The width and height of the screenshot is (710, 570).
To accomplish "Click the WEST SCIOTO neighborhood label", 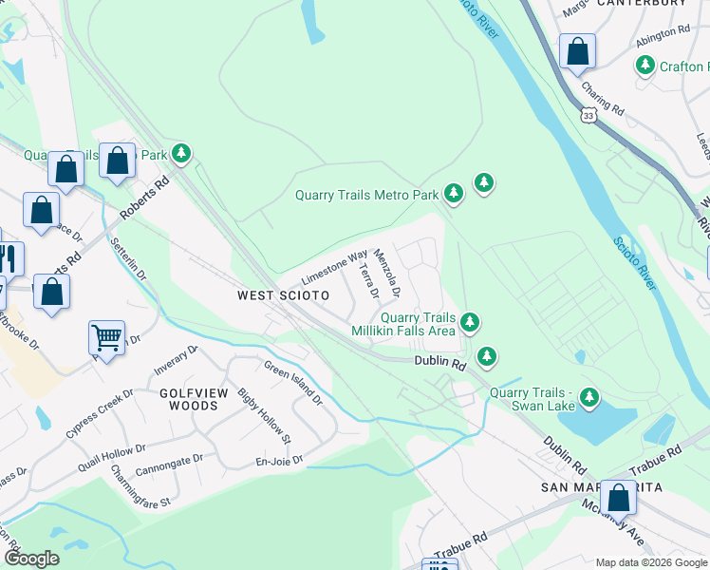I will point(283,295).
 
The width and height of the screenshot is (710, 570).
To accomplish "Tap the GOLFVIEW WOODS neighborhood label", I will point(189,398).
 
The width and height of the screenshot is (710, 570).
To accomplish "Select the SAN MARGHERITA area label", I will point(601,486).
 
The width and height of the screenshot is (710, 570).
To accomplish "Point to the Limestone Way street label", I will point(334,268).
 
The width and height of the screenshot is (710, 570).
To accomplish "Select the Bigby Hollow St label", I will point(264,415).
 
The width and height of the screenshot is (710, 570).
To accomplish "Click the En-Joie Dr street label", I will point(278,460).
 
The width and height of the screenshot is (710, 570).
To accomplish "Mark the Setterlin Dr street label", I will point(128,257).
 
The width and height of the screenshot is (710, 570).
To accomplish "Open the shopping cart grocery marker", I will point(106,336).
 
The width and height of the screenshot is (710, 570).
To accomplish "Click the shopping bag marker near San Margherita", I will point(619,497).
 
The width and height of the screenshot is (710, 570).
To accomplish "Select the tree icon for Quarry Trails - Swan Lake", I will point(590,395).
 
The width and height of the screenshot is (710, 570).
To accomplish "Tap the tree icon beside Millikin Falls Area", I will point(469,323).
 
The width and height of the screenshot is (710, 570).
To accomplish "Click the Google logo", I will point(32,559).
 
